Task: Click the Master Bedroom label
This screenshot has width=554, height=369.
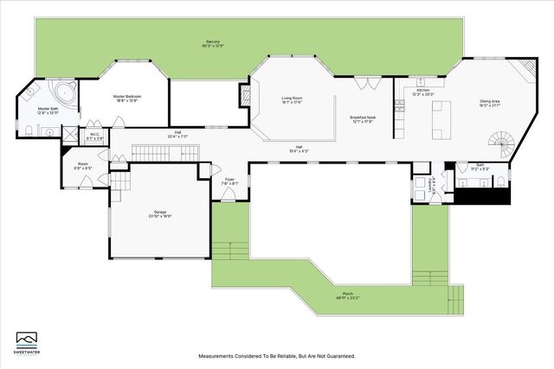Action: (127, 98)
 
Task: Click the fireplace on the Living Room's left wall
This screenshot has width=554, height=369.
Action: (245, 95)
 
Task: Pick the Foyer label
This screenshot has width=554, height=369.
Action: (229, 181)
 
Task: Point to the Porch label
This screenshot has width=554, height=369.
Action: (347, 295)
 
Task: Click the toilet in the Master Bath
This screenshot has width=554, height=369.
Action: (29, 130)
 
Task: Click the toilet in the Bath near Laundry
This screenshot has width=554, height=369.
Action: (500, 181)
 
